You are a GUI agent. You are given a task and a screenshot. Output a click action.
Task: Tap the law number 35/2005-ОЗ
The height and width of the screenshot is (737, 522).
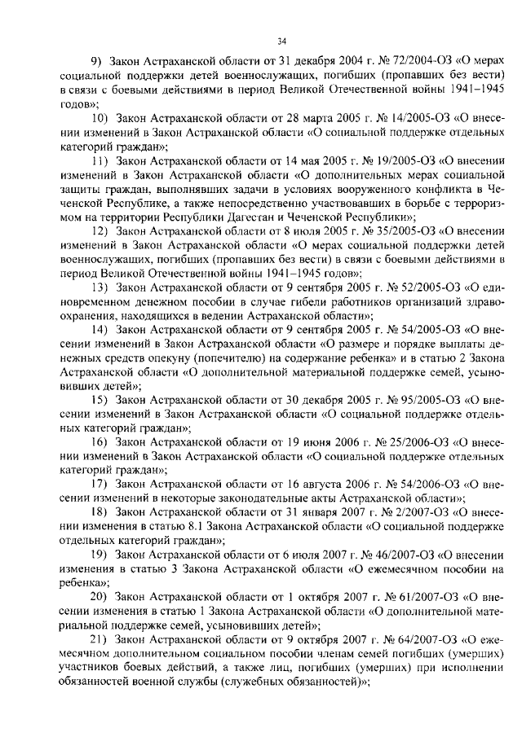click(x=404, y=232)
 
